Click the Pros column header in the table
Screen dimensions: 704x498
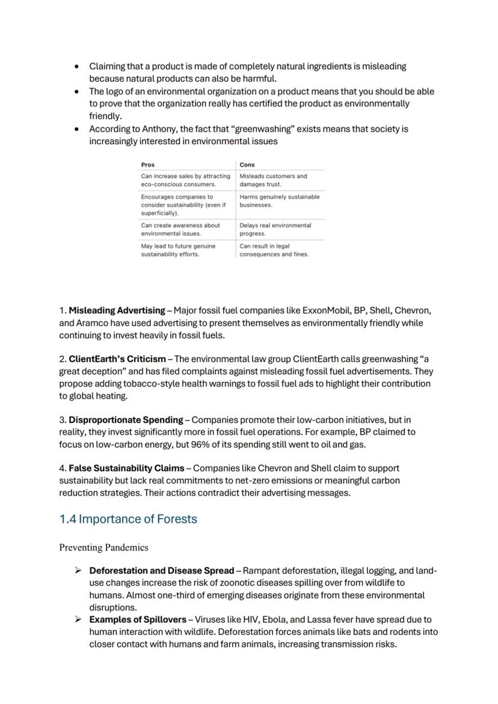click(147, 164)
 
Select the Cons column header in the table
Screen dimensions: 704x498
click(247, 164)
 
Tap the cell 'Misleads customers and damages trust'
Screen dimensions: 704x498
click(273, 180)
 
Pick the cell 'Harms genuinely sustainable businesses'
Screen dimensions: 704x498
click(279, 201)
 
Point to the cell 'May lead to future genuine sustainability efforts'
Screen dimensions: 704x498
click(178, 250)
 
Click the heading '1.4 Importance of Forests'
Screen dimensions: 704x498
click(128, 519)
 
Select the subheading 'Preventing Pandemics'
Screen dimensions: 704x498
click(103, 548)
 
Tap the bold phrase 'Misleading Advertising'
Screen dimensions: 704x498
click(117, 311)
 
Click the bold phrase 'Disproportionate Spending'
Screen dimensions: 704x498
click(126, 420)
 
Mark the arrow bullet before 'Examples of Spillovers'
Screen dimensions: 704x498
click(78, 619)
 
